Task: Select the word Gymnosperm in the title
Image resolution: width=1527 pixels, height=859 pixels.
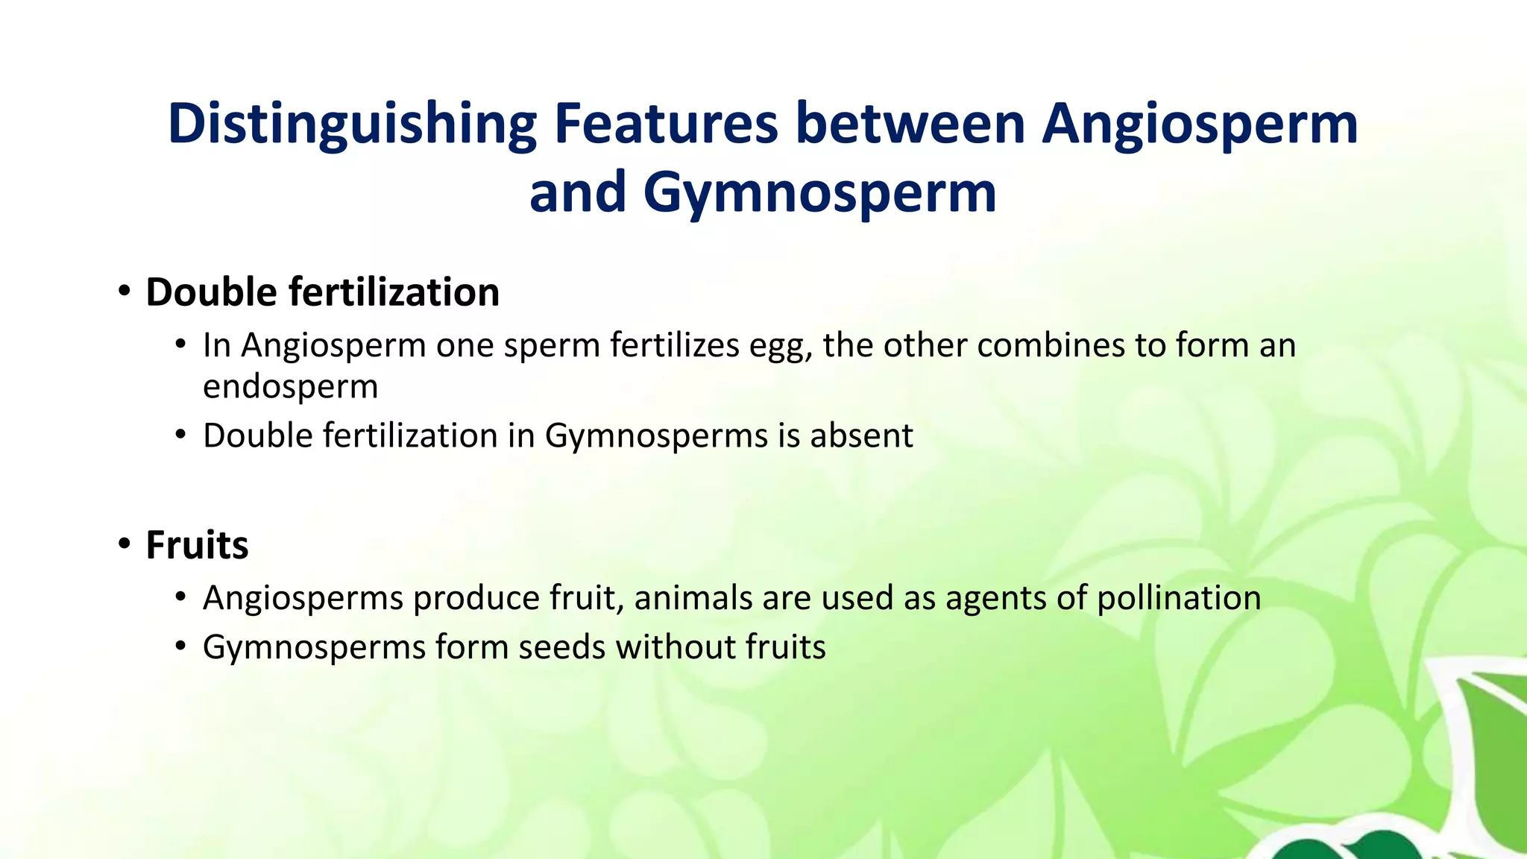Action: (x=819, y=193)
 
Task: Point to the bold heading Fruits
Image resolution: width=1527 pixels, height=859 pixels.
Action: (x=197, y=545)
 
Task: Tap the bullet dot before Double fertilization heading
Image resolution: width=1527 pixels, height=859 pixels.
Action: (x=125, y=291)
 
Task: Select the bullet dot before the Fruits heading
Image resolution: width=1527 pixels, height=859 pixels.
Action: (x=125, y=544)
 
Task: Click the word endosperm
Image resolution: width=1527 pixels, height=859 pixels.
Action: (x=290, y=387)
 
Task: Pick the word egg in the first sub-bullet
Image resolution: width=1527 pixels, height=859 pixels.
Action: (x=780, y=346)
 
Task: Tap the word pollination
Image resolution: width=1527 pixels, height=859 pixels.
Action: (x=1179, y=598)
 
